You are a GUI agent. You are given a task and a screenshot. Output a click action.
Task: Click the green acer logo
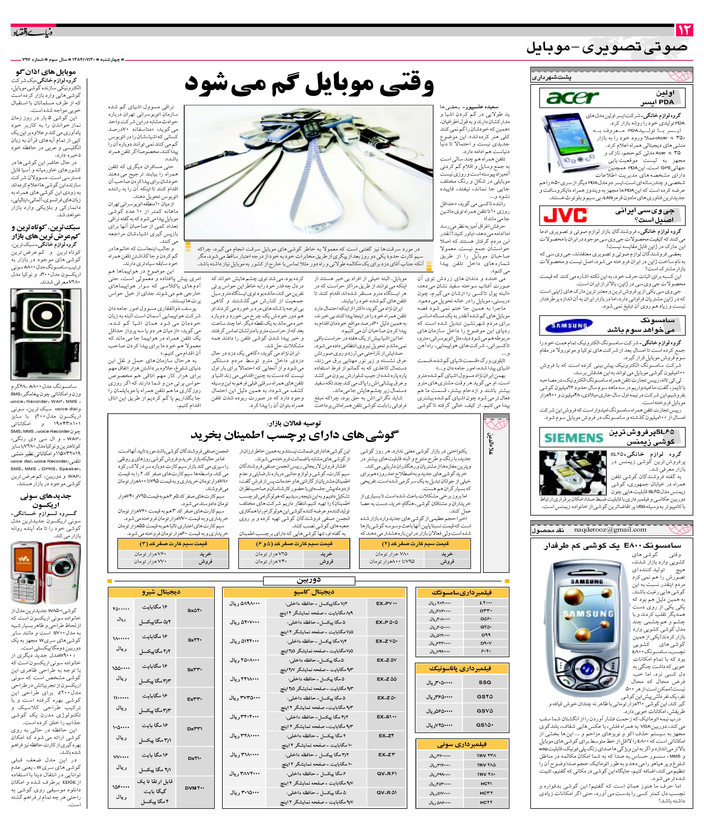(573, 97)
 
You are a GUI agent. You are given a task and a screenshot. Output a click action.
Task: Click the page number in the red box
(685, 30)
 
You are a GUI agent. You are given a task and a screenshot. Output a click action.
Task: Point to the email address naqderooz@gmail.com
(610, 530)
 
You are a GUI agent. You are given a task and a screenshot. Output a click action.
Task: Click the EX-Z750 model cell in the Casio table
(386, 641)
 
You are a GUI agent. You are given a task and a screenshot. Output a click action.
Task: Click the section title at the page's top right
(607, 47)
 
